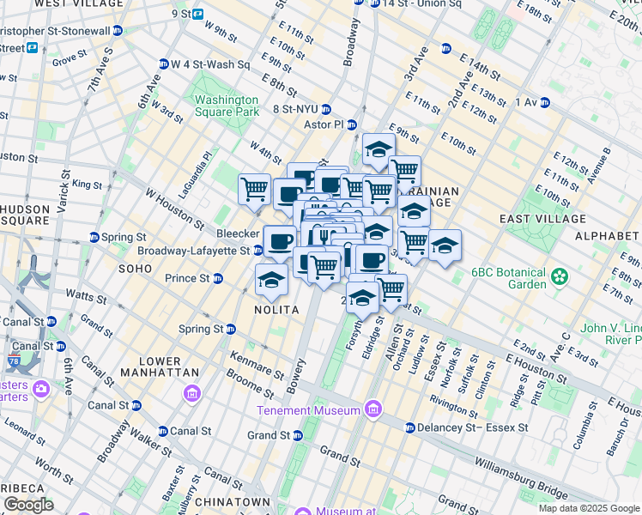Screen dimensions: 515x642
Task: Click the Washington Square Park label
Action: coord(227,105)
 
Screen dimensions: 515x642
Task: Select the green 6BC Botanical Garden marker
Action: coord(560,276)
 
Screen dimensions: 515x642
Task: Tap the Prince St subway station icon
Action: coord(218,278)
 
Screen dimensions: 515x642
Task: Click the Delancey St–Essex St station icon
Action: coord(410,427)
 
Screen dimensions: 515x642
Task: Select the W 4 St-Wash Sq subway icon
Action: coord(163,64)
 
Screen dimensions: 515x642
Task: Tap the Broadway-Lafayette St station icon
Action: coord(257,251)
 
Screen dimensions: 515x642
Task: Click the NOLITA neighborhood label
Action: coord(276,309)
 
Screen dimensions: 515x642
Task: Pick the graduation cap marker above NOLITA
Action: coord(272,280)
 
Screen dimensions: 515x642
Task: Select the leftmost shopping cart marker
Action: coord(254,189)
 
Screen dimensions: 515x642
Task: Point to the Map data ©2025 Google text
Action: coord(588,508)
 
